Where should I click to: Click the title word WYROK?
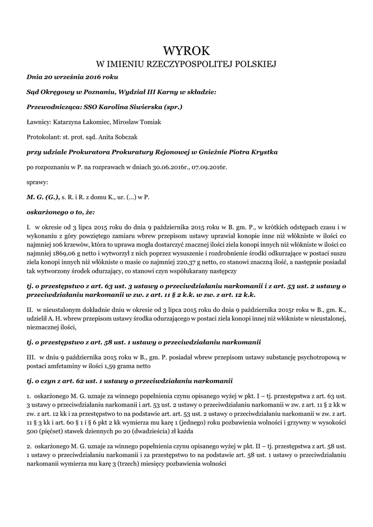coord(186,50)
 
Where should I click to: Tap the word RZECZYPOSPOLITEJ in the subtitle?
coord(185,64)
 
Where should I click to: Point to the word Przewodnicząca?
coord(50,108)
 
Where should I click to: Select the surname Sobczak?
coord(124,137)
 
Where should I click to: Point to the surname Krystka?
coord(265,152)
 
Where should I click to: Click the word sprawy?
coord(37,182)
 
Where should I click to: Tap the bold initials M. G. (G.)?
coord(42,197)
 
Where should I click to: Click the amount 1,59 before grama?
coord(108,367)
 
